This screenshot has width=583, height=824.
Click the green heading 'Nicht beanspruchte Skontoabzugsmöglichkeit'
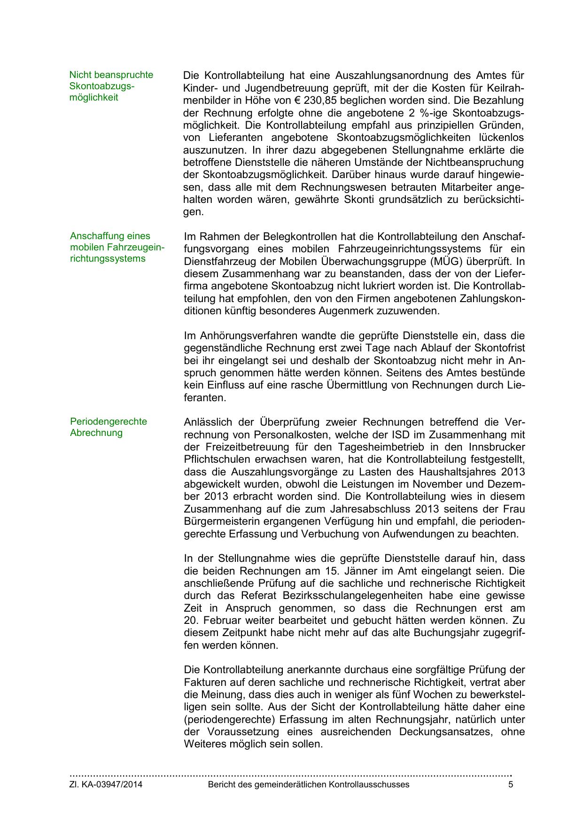point(111,86)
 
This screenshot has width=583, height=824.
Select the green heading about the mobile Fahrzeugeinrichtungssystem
point(117,247)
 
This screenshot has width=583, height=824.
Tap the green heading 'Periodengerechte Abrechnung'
point(109,427)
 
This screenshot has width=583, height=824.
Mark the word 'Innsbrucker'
point(497,447)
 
